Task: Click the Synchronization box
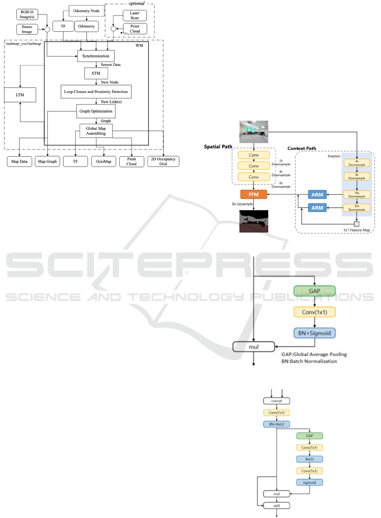(x=96, y=56)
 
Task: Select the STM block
(x=96, y=74)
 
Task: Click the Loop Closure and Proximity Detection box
(x=96, y=92)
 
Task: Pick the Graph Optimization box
(x=96, y=111)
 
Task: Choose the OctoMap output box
(x=104, y=161)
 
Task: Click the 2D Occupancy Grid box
(x=163, y=161)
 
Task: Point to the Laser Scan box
(x=134, y=16)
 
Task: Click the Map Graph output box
(x=47, y=161)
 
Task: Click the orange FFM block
(x=254, y=194)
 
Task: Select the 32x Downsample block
(x=357, y=207)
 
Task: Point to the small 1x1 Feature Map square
(x=356, y=224)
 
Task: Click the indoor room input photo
(x=254, y=131)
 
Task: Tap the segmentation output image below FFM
(x=254, y=221)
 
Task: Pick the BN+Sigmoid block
(x=314, y=333)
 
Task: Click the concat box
(x=277, y=400)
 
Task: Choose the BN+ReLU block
(x=277, y=424)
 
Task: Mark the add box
(x=277, y=505)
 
